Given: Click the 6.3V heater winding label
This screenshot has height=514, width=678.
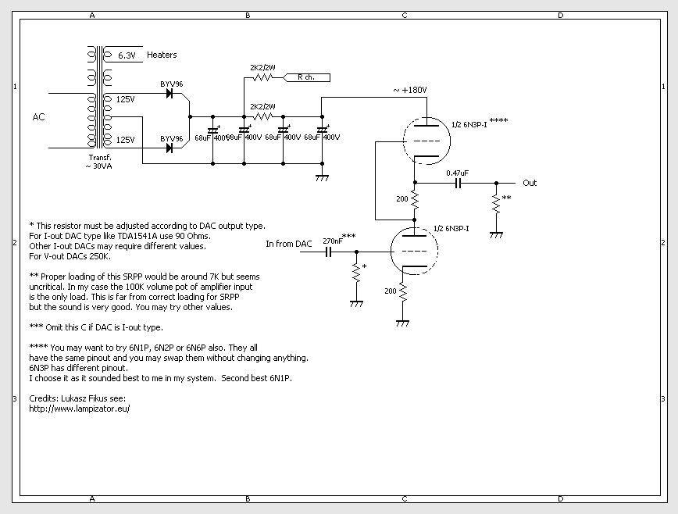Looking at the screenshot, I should coord(127,55).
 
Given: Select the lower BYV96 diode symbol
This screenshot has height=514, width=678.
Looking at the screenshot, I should coord(169,148).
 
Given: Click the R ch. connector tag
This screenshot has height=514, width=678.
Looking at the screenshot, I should coord(306,77).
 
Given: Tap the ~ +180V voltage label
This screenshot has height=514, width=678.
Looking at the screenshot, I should coord(409,90).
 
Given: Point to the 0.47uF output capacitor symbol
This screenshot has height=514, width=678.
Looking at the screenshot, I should coord(458,183).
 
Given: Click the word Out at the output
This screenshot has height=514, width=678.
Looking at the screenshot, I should coord(530,183).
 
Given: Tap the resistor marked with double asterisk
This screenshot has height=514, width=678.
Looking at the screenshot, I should coord(494,205).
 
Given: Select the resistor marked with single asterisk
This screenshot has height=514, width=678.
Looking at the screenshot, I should coord(356,273).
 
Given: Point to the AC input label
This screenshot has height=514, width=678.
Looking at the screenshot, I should coord(38,117).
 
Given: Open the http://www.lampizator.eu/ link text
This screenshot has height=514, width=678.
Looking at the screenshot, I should coord(79,409).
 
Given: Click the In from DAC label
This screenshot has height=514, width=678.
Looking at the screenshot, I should coord(288,244).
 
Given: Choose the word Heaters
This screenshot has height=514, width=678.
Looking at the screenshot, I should coord(162,55).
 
